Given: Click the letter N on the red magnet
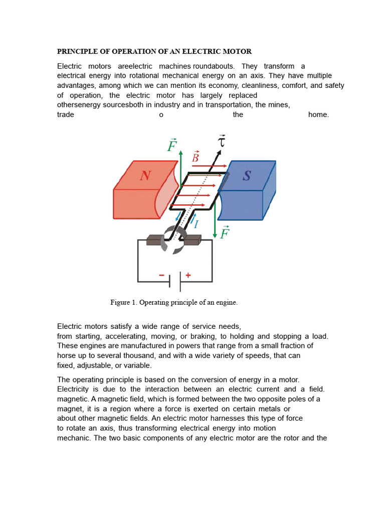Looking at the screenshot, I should (x=145, y=176).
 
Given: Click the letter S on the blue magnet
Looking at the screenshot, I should (x=247, y=176).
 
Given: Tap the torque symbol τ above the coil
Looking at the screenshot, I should (x=221, y=141).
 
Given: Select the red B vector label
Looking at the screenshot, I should (x=196, y=157).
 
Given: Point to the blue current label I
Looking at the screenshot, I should (x=196, y=224).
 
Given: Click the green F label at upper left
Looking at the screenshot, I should (x=172, y=145).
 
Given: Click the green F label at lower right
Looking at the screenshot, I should (x=225, y=232).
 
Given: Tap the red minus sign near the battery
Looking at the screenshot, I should (x=162, y=275).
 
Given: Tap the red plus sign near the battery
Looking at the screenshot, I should (x=188, y=275).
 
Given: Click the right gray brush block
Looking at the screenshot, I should (x=192, y=241).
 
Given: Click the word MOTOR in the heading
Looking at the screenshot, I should (x=238, y=52).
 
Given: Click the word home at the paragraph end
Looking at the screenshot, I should (x=318, y=114).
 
